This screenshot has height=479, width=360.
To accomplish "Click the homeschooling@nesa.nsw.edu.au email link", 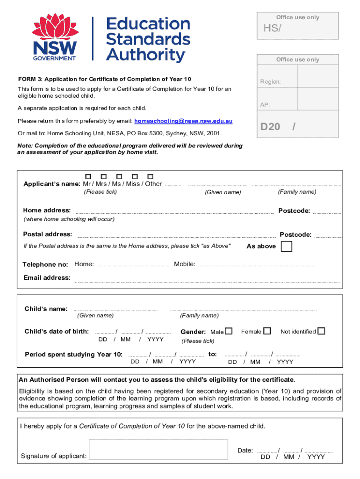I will coord(183,121).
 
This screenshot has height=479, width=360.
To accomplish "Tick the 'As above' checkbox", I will coord(287,246).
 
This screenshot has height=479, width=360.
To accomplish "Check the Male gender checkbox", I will coord(229,331).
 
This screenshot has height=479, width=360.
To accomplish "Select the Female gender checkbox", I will coord(267,331).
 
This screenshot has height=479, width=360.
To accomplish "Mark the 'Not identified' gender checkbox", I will coord(321,331).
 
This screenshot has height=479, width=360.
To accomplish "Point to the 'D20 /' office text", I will coord(278,127).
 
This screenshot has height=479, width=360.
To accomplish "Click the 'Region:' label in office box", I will coord(270,82).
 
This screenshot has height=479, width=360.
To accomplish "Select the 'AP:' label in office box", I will coord(265,105).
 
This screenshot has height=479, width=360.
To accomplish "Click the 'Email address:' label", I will coord(47,278).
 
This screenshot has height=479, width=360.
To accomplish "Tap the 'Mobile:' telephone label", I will coord(185,264).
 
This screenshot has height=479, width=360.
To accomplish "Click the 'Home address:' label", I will coord(47,210).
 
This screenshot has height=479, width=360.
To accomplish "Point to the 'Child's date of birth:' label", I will coord(57,332).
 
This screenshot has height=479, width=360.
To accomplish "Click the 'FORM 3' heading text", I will coord(104,79).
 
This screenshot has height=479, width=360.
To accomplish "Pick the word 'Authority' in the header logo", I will coord(145,55).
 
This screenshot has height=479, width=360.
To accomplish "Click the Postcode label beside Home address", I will coord(294,211).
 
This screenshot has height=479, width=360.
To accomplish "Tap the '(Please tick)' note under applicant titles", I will coord(100,192).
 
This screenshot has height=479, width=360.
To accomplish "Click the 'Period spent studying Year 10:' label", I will coord(73,354).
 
